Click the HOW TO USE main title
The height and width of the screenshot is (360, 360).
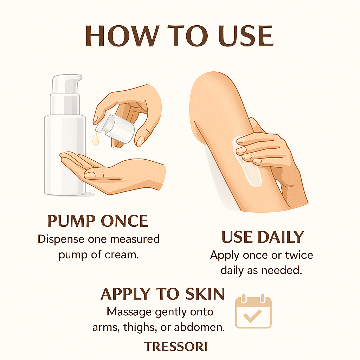(179, 36)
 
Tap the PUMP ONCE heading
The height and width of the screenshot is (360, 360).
(98, 221)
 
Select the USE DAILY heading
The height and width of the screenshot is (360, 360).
(263, 237)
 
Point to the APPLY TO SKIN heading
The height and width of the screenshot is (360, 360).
(162, 294)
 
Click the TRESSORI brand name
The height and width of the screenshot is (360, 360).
(176, 347)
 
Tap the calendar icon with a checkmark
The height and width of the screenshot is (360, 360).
(253, 311)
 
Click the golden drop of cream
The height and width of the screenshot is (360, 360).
(96, 139)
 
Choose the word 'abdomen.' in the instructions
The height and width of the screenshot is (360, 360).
(199, 327)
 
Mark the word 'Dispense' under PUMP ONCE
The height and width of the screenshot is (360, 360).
(61, 239)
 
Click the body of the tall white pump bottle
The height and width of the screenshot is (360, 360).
(65, 155)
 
